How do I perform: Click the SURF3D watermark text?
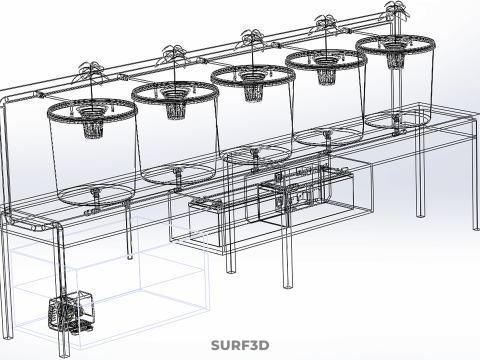(x=240, y=345)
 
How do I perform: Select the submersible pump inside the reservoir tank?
(x=71, y=312)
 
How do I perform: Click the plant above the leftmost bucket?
(x=92, y=72)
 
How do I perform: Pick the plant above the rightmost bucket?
(x=396, y=10)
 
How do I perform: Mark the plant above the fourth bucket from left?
(x=326, y=24)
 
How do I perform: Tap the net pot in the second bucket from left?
(x=173, y=106)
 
